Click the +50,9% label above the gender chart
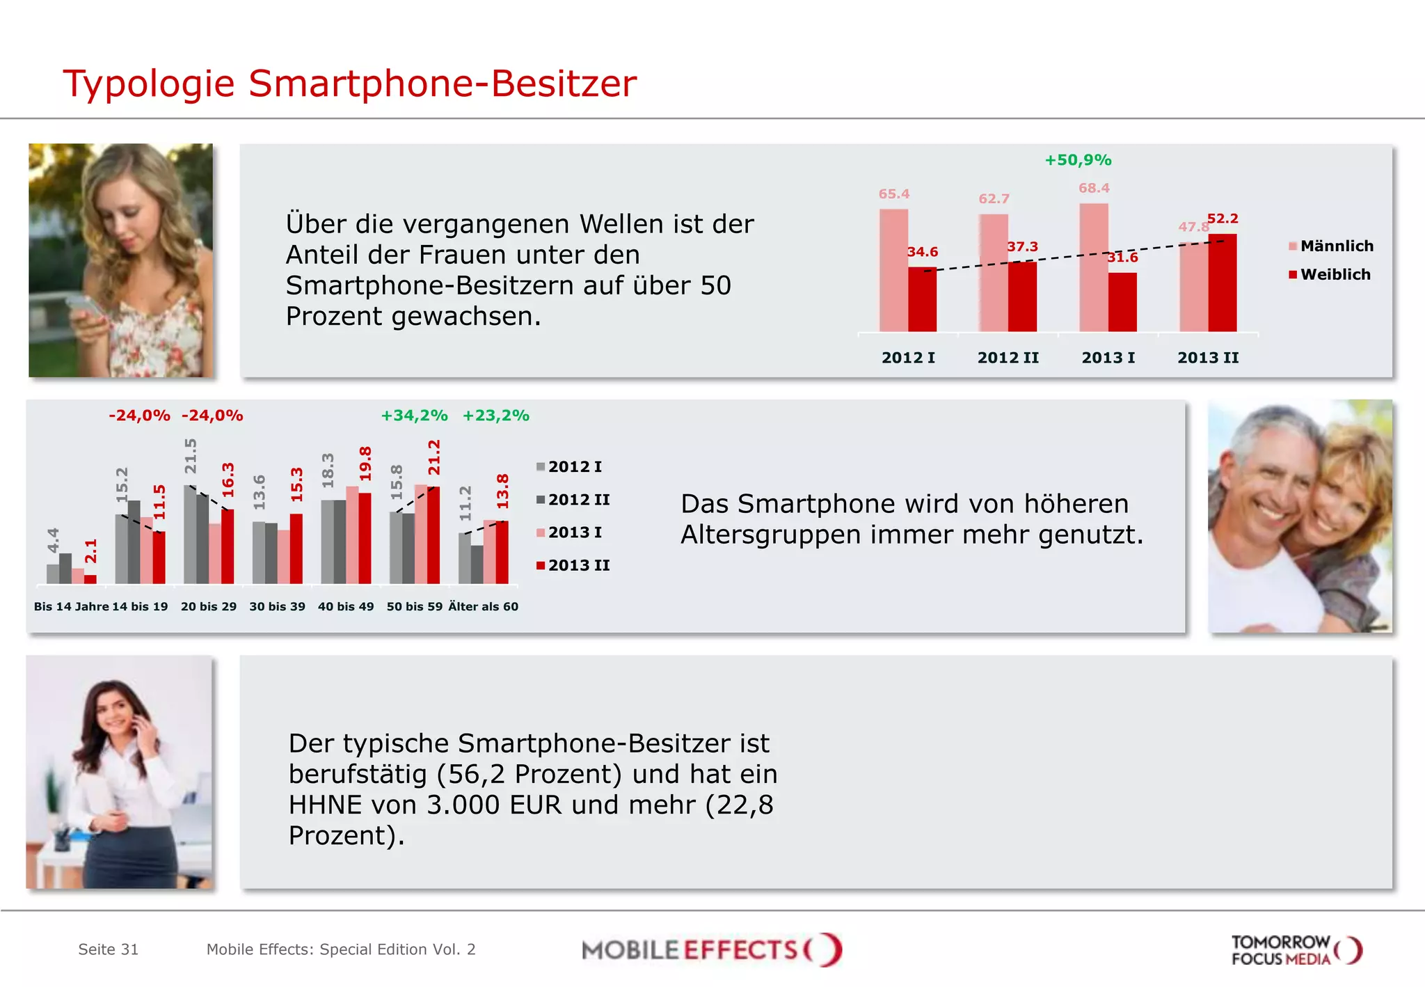click(1077, 160)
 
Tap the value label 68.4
click(1094, 188)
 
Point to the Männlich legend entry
click(1330, 246)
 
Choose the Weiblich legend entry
click(1329, 274)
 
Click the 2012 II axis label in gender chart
click(1008, 358)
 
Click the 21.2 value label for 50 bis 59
click(434, 457)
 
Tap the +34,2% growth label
click(414, 416)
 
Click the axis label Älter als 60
click(483, 606)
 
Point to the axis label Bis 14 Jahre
click(71, 606)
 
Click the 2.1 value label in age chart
click(91, 551)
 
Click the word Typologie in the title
click(149, 84)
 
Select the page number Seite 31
click(108, 949)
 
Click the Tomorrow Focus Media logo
click(1295, 950)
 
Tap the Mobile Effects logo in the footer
click(711, 950)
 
